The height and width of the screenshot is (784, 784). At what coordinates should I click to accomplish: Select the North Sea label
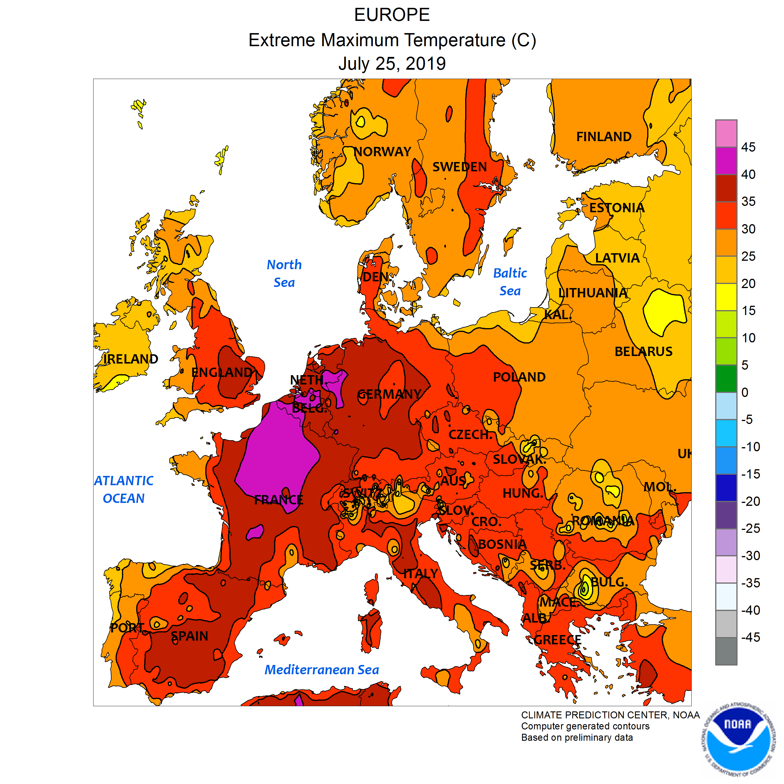pyautogui.click(x=284, y=273)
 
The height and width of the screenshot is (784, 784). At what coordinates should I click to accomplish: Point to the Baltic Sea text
pyautogui.click(x=510, y=282)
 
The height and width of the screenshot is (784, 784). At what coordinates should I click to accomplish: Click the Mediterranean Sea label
pyautogui.click(x=321, y=670)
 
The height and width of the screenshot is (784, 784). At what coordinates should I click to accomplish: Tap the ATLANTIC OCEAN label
pyautogui.click(x=124, y=489)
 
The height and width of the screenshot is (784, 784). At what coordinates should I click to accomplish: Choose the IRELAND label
pyautogui.click(x=130, y=359)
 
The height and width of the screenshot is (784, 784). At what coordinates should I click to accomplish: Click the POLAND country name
pyautogui.click(x=519, y=377)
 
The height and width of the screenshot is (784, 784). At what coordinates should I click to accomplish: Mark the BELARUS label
pyautogui.click(x=643, y=351)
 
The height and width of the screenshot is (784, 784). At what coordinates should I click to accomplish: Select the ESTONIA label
pyautogui.click(x=616, y=208)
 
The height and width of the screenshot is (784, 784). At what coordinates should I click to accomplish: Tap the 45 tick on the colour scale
pyautogui.click(x=748, y=147)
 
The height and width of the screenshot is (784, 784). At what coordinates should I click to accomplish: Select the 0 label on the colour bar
pyautogui.click(x=745, y=392)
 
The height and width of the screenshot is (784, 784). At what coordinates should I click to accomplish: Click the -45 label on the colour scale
pyautogui.click(x=750, y=637)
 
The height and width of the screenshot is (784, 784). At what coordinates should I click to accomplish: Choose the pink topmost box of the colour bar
pyautogui.click(x=726, y=133)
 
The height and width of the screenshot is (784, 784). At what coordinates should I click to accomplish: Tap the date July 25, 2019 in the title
pyautogui.click(x=392, y=64)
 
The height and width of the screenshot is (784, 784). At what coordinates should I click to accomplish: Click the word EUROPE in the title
pyautogui.click(x=392, y=15)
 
